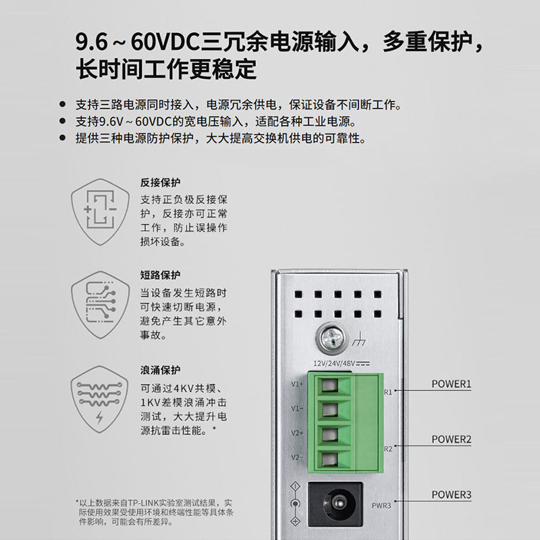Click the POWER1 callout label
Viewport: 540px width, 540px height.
pos(451,384)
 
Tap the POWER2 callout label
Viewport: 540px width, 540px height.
pos(451,439)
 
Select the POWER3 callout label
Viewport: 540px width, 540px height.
pos(451,495)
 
